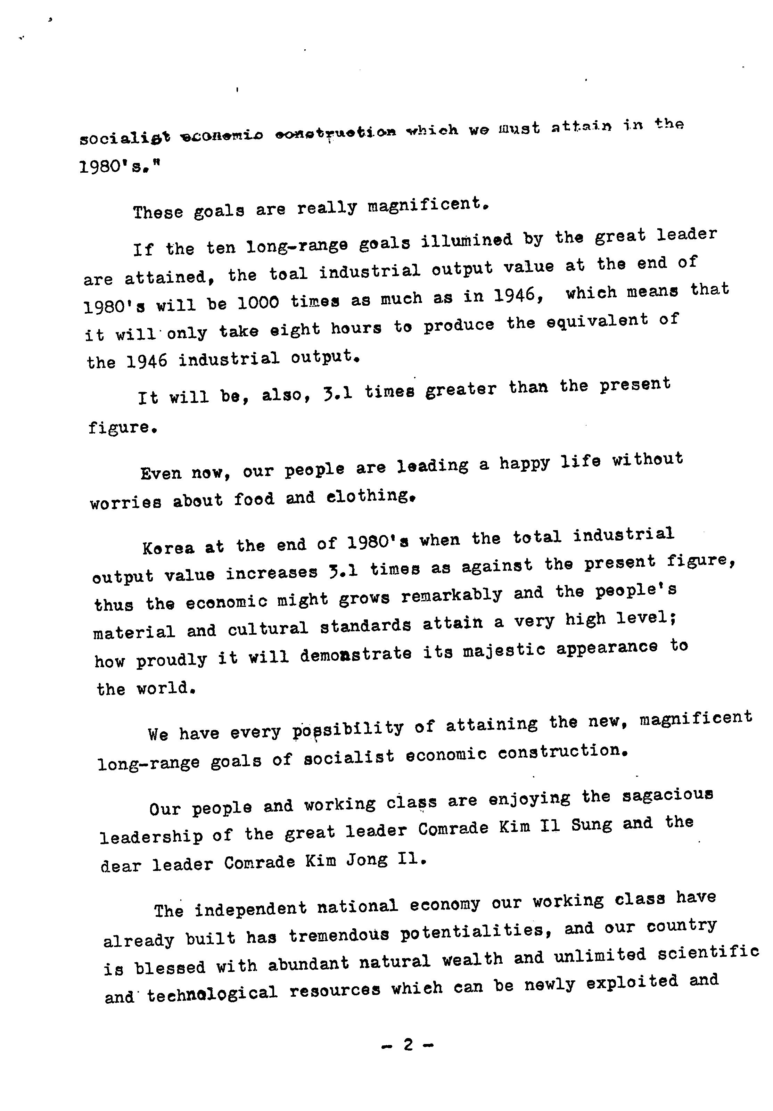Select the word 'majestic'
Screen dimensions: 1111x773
click(504, 650)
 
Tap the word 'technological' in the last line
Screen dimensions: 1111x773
click(212, 994)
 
